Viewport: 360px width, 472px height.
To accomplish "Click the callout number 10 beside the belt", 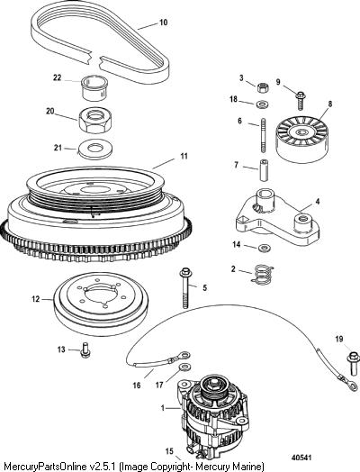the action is [163, 23].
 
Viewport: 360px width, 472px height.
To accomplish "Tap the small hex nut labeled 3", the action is [263, 87].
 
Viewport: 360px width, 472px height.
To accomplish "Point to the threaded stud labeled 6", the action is [263, 136].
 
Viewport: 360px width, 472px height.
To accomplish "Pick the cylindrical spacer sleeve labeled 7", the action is [264, 170].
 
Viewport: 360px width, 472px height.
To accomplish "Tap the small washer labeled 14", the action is [265, 249].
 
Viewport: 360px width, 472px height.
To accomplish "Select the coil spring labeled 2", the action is [262, 274].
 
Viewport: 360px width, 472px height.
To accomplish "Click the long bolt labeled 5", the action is [184, 288].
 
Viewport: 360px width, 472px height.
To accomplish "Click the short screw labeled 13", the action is [85, 350].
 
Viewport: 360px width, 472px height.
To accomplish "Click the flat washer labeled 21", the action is [95, 149].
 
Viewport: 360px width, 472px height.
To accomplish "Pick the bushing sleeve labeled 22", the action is [94, 88].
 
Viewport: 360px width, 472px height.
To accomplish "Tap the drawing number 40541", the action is [301, 458].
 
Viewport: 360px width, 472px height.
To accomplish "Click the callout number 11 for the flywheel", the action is [184, 156].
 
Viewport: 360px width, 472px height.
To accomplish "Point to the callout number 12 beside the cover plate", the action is [35, 299].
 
